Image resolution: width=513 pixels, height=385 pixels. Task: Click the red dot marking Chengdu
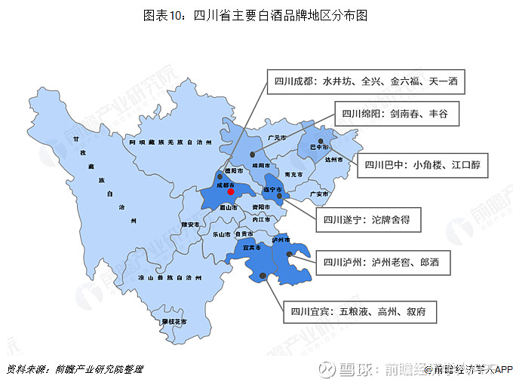(230, 191)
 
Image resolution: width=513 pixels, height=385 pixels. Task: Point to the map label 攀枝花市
(174, 322)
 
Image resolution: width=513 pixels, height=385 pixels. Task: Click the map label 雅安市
(191, 225)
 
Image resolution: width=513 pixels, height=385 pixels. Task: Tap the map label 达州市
(333, 160)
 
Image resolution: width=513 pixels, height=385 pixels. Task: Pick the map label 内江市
(261, 220)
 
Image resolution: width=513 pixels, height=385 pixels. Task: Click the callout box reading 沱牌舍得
(367, 221)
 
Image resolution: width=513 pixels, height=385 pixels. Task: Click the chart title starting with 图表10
(256, 15)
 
